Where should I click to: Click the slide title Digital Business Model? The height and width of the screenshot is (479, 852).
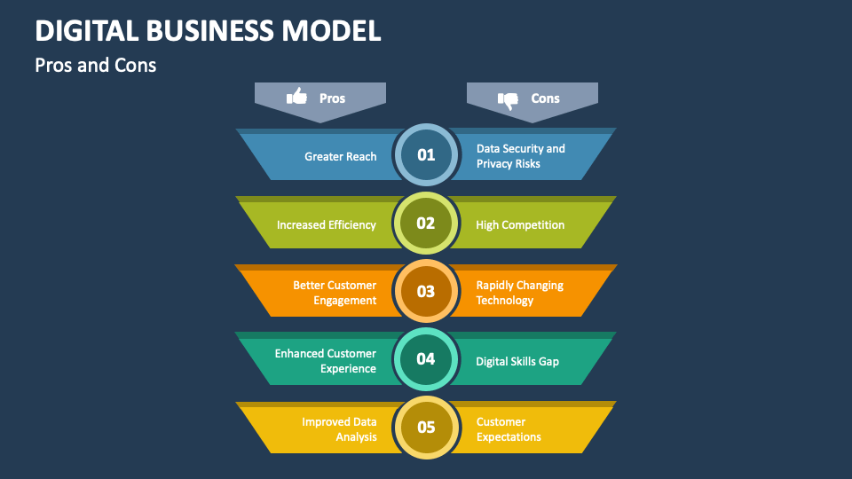(x=209, y=30)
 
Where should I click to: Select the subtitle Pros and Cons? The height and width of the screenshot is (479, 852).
(x=96, y=65)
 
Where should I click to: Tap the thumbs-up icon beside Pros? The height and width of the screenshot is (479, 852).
(x=296, y=97)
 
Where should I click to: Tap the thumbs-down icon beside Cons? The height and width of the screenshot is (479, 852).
(x=508, y=99)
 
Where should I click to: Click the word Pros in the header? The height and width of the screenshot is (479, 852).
(x=332, y=98)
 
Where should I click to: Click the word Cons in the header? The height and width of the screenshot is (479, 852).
(x=545, y=98)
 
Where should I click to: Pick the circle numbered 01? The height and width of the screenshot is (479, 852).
(x=426, y=155)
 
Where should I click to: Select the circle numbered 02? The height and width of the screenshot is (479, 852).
(x=426, y=224)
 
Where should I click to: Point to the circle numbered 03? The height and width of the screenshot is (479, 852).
(x=426, y=292)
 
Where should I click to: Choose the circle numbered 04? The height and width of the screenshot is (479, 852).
(x=426, y=359)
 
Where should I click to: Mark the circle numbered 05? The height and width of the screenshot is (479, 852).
(x=426, y=428)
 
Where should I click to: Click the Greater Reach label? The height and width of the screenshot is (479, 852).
(x=340, y=156)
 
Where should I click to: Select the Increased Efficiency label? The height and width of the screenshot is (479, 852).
(x=326, y=224)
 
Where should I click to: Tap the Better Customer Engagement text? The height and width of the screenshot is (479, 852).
(x=335, y=293)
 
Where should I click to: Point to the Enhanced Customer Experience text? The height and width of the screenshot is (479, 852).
(x=325, y=361)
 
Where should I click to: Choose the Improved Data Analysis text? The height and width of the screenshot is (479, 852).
(x=339, y=429)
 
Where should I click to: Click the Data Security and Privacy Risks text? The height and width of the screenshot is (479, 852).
(x=520, y=156)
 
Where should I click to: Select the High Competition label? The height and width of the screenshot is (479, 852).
(x=520, y=224)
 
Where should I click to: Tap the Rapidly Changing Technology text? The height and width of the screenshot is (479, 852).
(x=519, y=293)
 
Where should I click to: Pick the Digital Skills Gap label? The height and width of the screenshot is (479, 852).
(x=517, y=361)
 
